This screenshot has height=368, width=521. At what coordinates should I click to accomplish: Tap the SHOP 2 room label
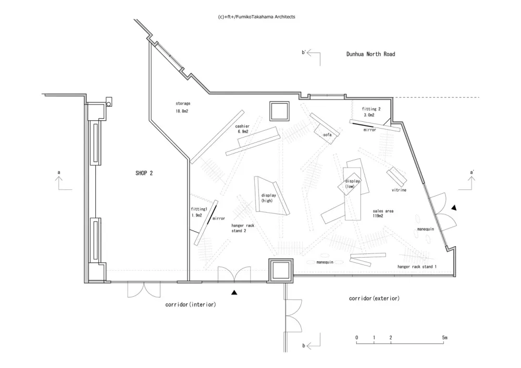click(143, 172)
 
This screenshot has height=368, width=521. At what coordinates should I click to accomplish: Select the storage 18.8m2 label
click(183, 107)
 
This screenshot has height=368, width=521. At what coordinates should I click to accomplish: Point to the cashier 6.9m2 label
click(242, 129)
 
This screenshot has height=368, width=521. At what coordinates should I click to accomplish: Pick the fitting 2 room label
click(373, 111)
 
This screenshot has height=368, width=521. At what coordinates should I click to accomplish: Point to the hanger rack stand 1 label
click(417, 267)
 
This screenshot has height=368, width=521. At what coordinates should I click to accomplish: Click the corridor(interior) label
click(190, 304)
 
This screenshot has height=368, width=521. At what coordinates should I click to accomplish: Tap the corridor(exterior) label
click(374, 298)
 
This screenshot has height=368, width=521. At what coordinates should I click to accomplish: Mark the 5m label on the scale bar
click(444, 338)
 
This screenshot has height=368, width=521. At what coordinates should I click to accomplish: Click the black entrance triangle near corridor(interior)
click(235, 293)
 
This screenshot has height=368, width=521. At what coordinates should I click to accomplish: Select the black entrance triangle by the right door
click(455, 208)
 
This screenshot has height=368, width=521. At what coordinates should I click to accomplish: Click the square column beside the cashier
click(279, 111)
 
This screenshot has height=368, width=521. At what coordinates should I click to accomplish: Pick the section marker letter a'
click(472, 172)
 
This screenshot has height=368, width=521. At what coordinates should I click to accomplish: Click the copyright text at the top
click(257, 17)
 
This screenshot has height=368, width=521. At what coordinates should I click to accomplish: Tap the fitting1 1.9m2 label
click(199, 212)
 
